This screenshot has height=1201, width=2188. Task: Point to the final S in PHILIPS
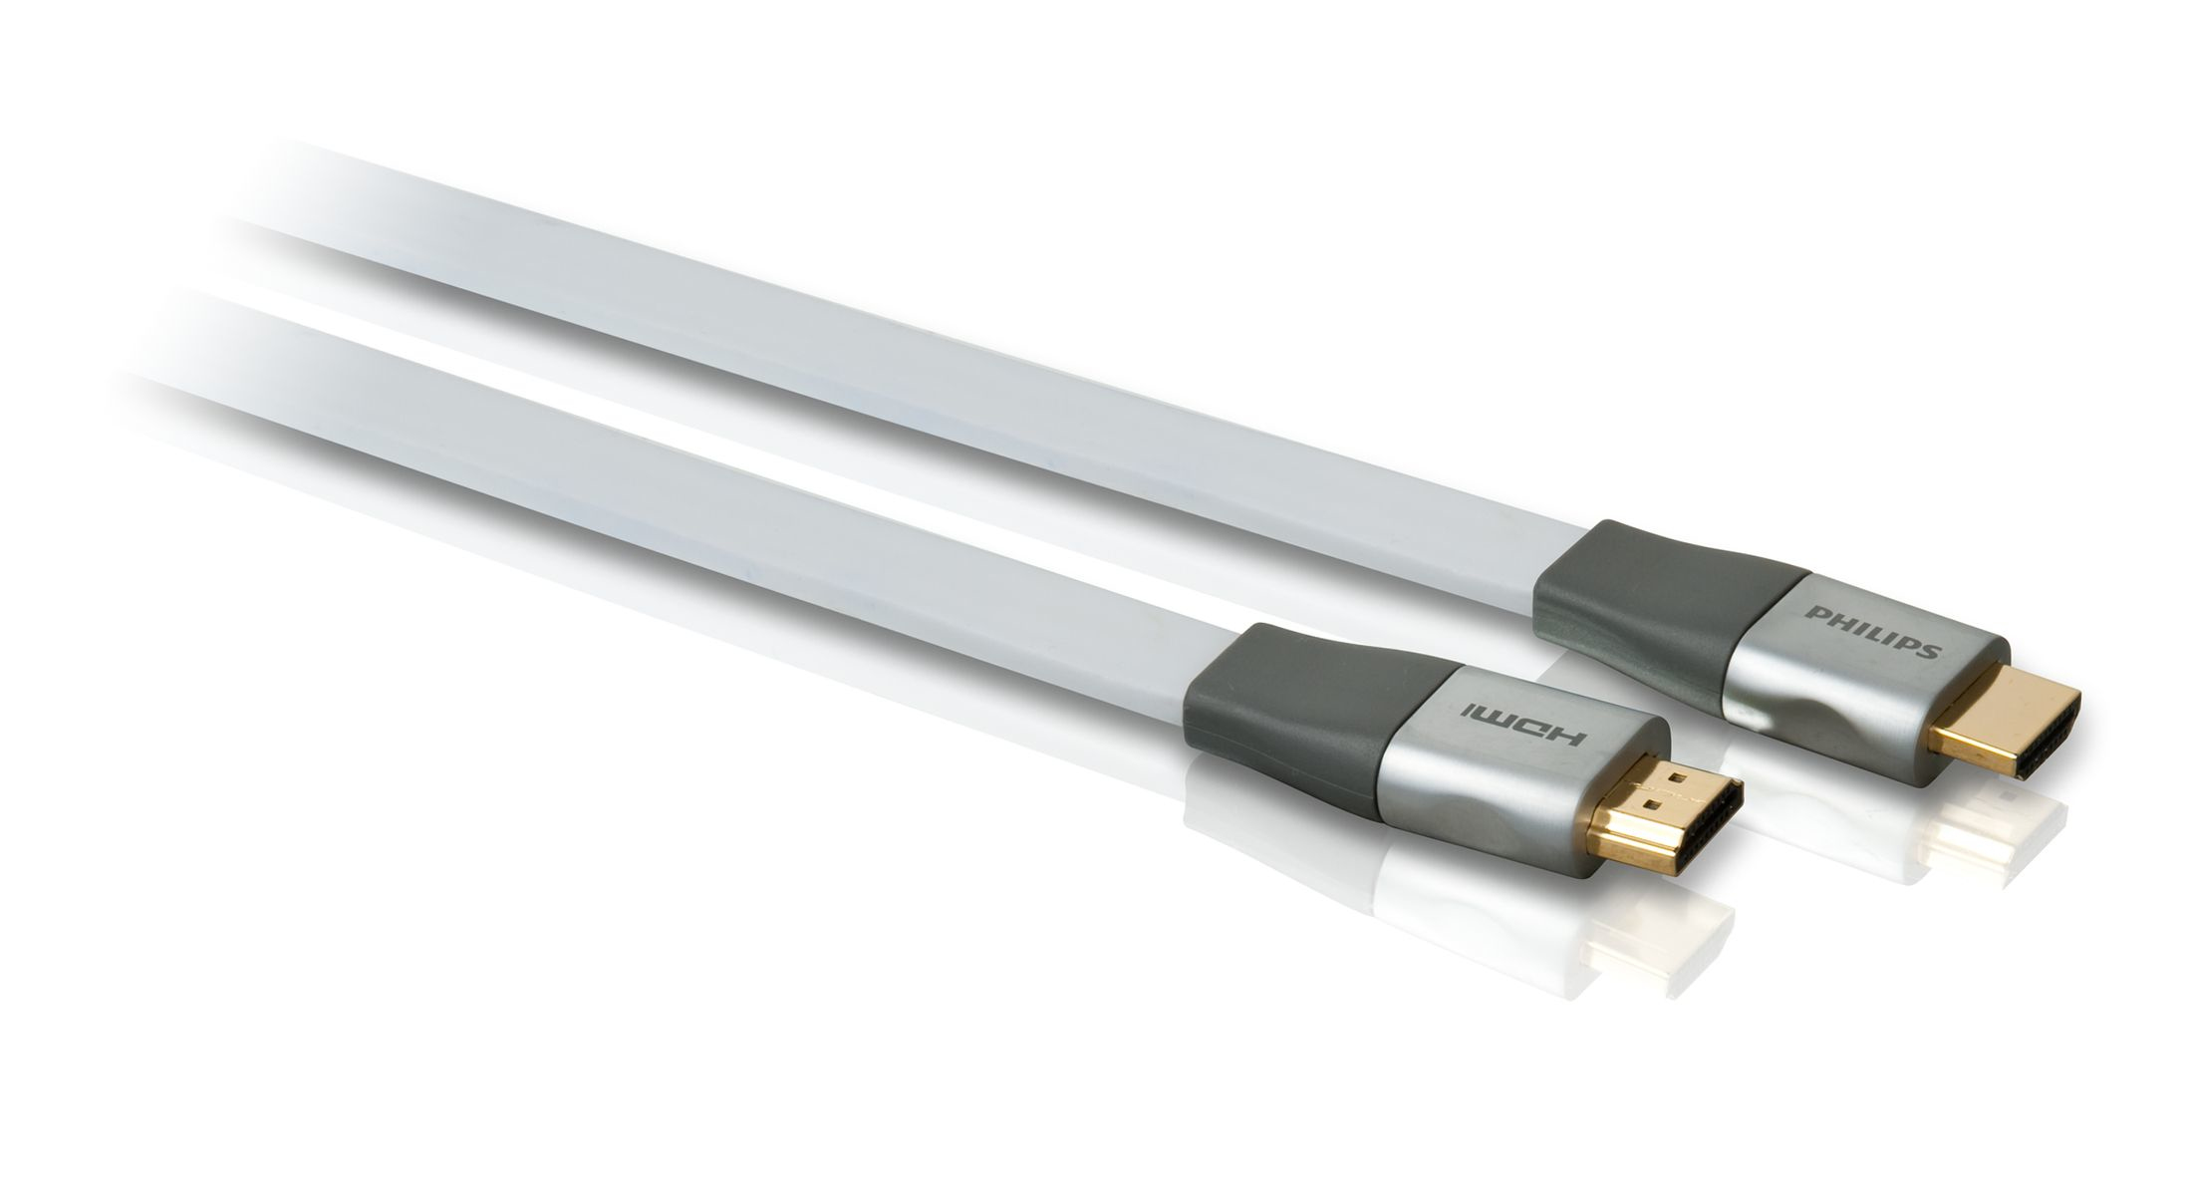(x=1930, y=652)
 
